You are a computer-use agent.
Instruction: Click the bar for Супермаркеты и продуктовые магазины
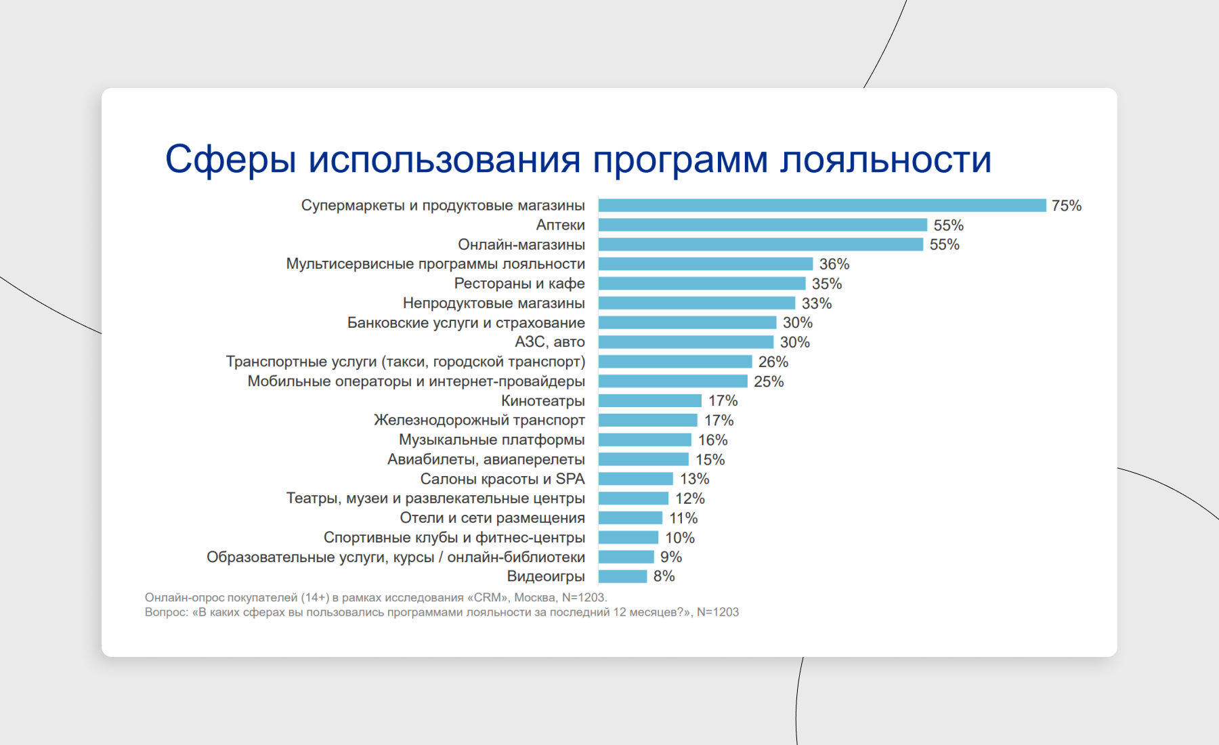822,205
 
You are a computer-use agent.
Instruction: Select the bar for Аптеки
763,225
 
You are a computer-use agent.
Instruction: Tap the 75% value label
1066,206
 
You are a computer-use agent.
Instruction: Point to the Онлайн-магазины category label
521,244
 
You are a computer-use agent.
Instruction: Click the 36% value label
834,264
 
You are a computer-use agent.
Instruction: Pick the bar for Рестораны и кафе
702,284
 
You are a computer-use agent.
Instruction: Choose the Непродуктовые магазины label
494,303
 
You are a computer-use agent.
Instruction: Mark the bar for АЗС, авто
685,342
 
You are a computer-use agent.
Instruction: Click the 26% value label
773,362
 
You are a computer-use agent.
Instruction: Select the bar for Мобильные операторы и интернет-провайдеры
672,381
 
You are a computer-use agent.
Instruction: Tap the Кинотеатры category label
542,401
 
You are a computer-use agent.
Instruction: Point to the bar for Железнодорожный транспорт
647,421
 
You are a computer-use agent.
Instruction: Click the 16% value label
712,440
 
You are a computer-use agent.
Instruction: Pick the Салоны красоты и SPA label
502,480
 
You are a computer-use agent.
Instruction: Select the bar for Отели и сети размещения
630,518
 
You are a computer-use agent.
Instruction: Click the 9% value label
670,557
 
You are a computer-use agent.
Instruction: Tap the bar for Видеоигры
622,576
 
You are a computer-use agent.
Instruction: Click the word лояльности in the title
885,160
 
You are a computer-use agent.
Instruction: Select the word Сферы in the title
231,160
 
